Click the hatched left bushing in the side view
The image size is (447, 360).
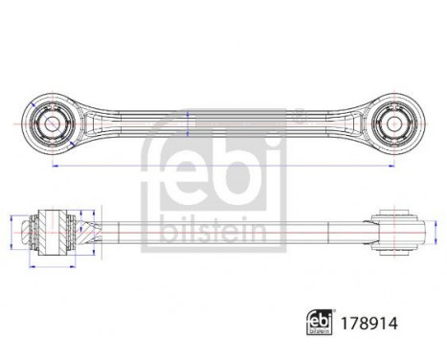(54, 229)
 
